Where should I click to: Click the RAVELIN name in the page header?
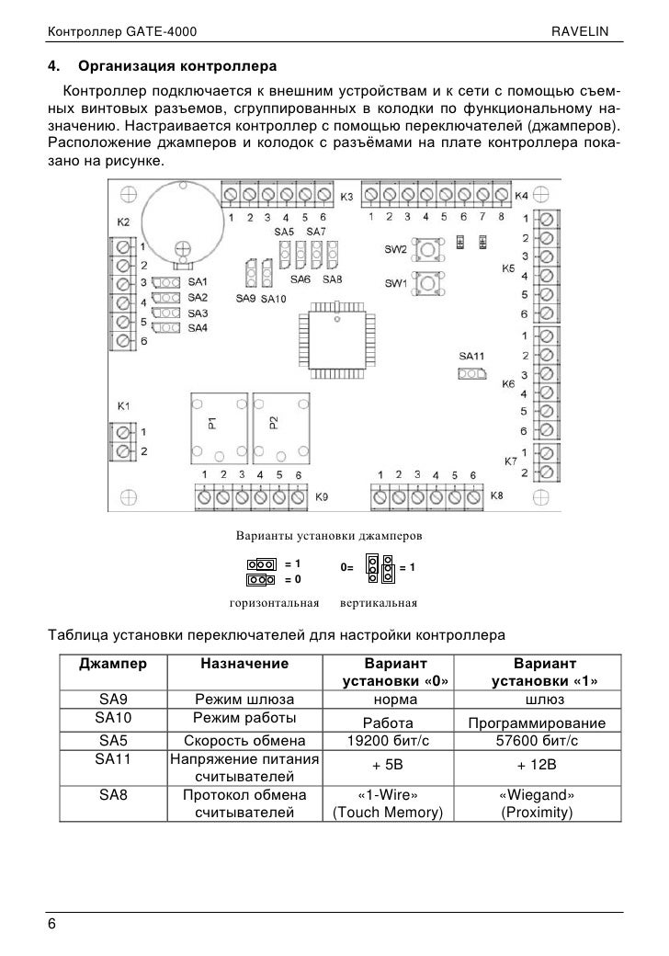click(x=588, y=34)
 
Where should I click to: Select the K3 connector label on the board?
click(x=347, y=198)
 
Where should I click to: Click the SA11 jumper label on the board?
click(x=471, y=356)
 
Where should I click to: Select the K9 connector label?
click(x=322, y=496)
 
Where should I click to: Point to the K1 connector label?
click(x=123, y=405)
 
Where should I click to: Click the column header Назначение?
click(x=244, y=663)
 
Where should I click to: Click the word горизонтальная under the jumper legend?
click(x=273, y=604)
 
